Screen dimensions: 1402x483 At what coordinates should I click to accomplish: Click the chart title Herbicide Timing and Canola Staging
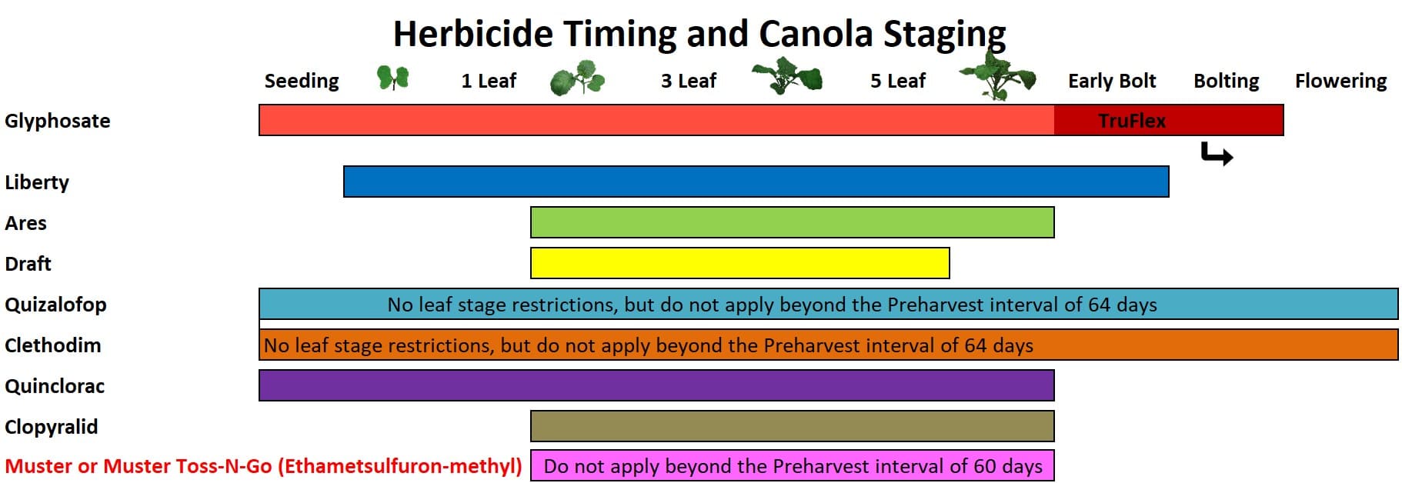699,34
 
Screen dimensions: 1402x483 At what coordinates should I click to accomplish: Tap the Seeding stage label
302,81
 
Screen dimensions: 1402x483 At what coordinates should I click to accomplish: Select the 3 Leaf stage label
689,81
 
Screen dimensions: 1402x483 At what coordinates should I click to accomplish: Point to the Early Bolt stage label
1112,81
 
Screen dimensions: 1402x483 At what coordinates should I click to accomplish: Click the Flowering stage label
1340,81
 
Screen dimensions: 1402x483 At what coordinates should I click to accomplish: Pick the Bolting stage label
1227,81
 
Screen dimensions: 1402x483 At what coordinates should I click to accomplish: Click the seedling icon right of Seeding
392,78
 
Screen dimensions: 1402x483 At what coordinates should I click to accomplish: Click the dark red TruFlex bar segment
1169,120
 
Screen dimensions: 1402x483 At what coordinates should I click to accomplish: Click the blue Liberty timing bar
756,182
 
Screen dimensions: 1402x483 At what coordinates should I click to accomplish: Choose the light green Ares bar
793,222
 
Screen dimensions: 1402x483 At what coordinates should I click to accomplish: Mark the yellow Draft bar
740,263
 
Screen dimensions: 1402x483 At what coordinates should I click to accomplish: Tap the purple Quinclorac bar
656,385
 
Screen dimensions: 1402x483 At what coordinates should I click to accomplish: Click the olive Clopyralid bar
793,426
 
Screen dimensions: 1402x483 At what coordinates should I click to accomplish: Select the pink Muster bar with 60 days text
793,465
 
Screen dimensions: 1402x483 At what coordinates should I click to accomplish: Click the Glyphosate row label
58,122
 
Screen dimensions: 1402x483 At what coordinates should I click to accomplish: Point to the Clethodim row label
53,345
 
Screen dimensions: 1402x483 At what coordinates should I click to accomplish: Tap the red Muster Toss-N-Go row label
263,466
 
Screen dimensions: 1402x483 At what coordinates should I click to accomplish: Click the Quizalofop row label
55,305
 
